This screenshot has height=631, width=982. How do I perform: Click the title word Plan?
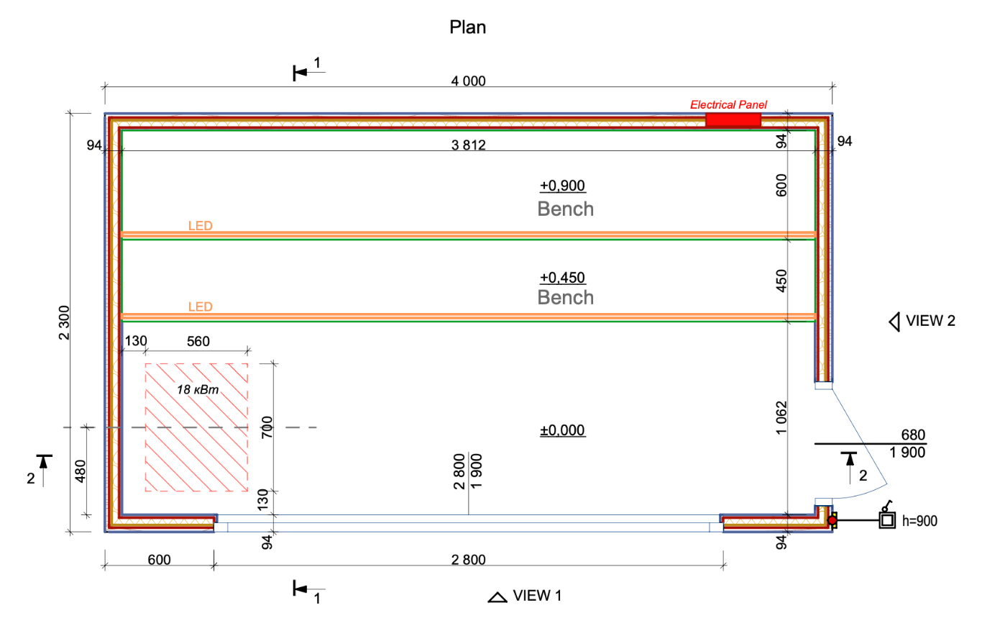[467, 27]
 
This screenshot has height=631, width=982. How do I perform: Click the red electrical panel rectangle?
[733, 120]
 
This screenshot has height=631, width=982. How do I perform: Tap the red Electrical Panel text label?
[728, 104]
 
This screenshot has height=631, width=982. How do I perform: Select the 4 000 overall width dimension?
[468, 81]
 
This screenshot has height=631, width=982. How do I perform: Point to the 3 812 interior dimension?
[469, 145]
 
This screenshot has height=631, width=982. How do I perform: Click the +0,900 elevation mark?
[563, 186]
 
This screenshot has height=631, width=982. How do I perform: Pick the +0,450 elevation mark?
[563, 277]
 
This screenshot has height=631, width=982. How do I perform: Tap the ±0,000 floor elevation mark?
[563, 430]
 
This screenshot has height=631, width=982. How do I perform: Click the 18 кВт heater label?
[198, 389]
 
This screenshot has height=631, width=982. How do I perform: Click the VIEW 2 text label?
[930, 321]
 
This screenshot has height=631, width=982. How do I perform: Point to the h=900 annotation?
[919, 519]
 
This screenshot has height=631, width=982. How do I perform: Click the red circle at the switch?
[832, 519]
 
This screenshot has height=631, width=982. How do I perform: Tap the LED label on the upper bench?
[200, 225]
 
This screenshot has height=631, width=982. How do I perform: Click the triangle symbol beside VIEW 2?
[895, 322]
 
